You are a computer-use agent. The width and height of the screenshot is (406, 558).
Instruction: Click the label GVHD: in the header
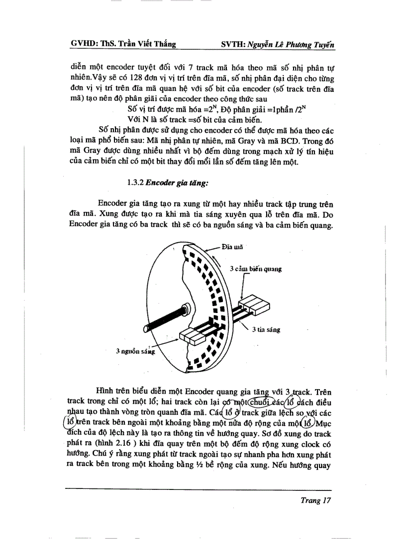pyautogui.click(x=83, y=45)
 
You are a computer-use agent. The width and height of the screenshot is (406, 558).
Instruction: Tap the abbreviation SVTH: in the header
pyautogui.click(x=233, y=45)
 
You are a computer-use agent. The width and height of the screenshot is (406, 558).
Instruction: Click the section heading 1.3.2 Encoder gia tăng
pyautogui.click(x=167, y=182)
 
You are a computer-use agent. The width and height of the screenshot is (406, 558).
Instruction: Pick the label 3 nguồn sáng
pyautogui.click(x=135, y=351)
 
